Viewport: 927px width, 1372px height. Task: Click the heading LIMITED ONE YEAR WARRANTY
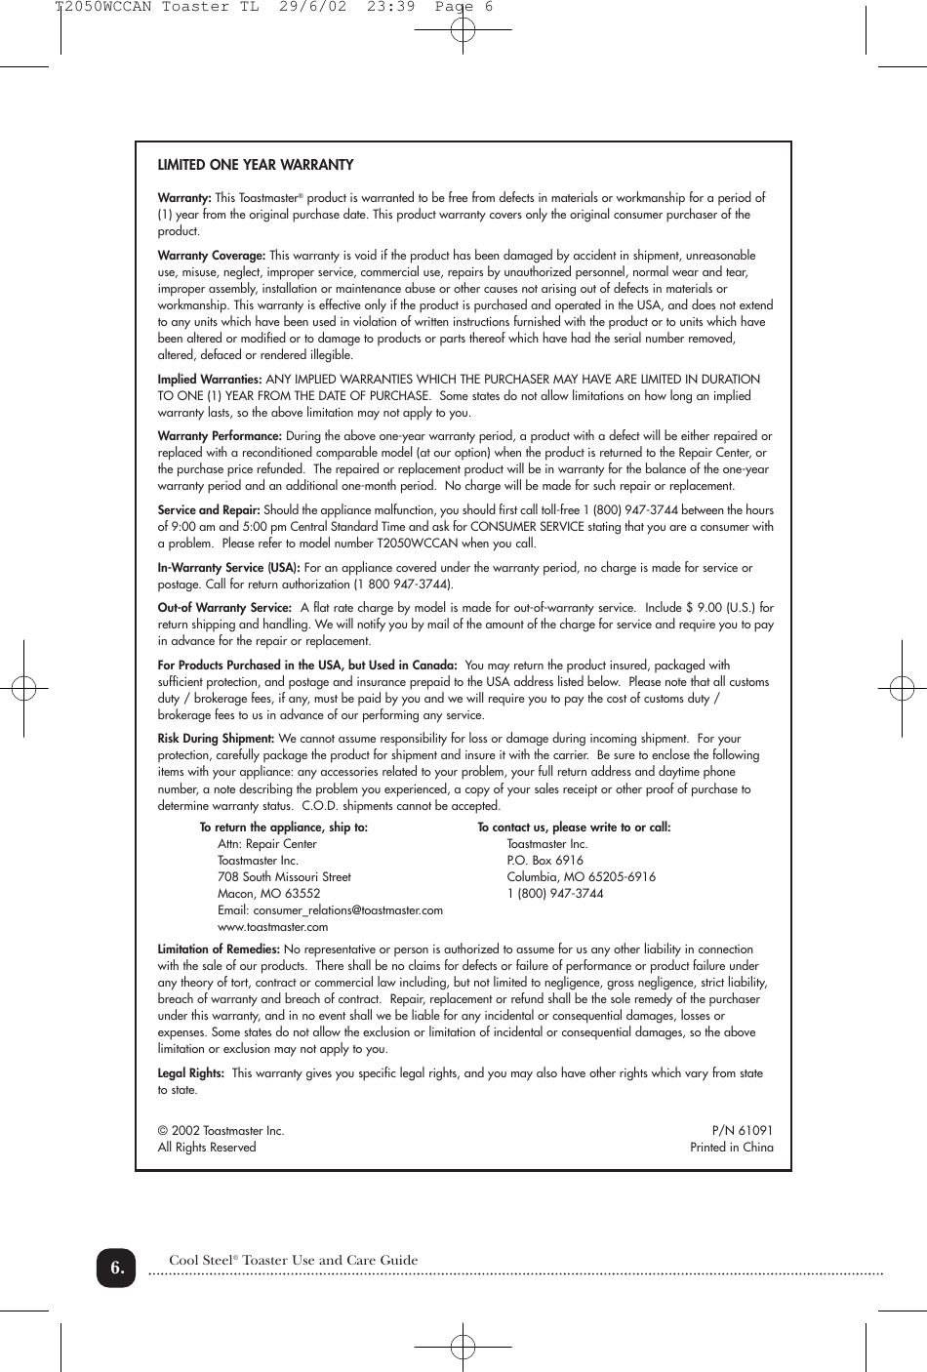[x=256, y=165]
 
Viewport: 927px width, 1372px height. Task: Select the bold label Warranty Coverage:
[x=212, y=256]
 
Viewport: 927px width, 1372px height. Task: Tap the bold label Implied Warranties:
[x=210, y=380]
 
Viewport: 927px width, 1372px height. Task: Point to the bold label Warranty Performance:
[x=220, y=436]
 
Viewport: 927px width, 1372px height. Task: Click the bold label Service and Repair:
[x=209, y=510]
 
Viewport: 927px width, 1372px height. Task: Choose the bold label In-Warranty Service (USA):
[x=229, y=568]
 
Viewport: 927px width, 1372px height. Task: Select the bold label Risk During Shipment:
[x=216, y=739]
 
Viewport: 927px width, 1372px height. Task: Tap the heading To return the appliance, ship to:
[x=284, y=827]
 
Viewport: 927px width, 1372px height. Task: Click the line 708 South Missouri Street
[x=284, y=877]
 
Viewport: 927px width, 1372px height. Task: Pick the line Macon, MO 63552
[x=268, y=894]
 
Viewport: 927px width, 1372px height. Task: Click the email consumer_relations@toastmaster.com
[x=347, y=910]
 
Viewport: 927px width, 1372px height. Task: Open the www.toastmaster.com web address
[x=272, y=927]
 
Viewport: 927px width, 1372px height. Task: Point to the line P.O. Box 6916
[x=544, y=861]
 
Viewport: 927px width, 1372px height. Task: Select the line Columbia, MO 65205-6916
[x=581, y=877]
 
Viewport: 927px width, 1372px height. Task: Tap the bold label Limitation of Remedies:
[x=219, y=949]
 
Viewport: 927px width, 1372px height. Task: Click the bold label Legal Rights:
[x=191, y=1073]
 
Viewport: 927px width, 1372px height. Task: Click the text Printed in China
[x=731, y=1148]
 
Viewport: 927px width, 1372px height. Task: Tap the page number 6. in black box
[x=116, y=1268]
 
